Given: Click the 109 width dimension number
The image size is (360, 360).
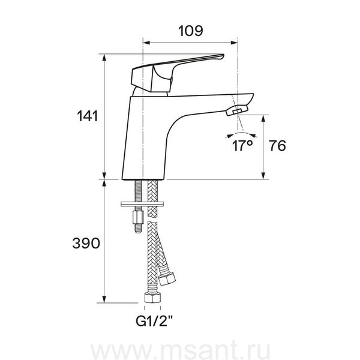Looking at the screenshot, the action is [191, 31].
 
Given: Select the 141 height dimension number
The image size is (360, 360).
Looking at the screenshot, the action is [88, 116].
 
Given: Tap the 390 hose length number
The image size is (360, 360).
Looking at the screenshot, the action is [86, 244].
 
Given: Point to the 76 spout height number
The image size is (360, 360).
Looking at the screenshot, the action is [278, 146].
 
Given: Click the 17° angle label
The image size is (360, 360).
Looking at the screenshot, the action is [242, 146].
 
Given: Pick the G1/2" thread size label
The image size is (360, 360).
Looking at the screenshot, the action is [154, 321].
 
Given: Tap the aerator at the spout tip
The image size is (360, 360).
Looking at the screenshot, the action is [237, 110].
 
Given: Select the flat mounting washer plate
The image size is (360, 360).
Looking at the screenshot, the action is [142, 204].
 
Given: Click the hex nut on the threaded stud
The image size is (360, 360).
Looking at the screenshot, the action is [138, 217].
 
